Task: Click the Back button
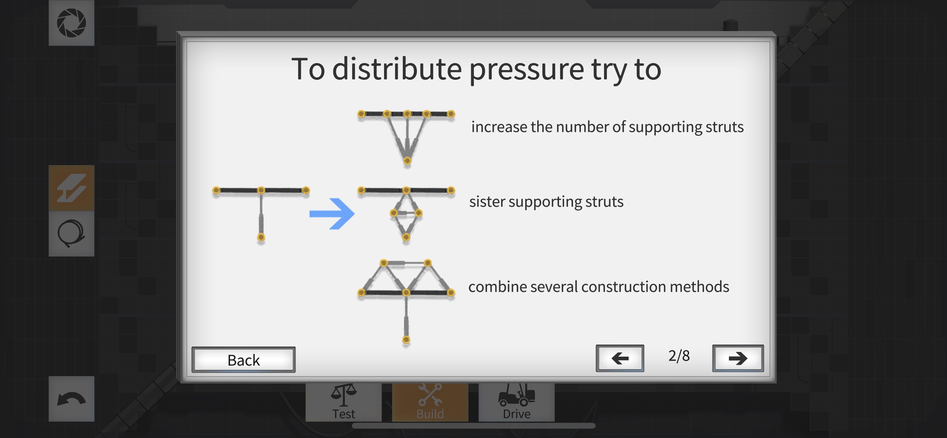(243, 360)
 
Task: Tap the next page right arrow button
(737, 358)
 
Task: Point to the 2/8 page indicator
(679, 356)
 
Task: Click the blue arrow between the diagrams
(332, 214)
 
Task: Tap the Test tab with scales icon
(344, 402)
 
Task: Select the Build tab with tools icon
(430, 402)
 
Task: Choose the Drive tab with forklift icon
(516, 402)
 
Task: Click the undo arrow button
(72, 399)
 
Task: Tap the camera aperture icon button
(72, 23)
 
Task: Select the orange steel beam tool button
(72, 188)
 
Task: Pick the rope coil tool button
(72, 234)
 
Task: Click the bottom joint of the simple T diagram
(261, 237)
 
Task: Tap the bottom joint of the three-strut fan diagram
(407, 161)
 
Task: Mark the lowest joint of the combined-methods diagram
(406, 340)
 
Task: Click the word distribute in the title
(397, 69)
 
